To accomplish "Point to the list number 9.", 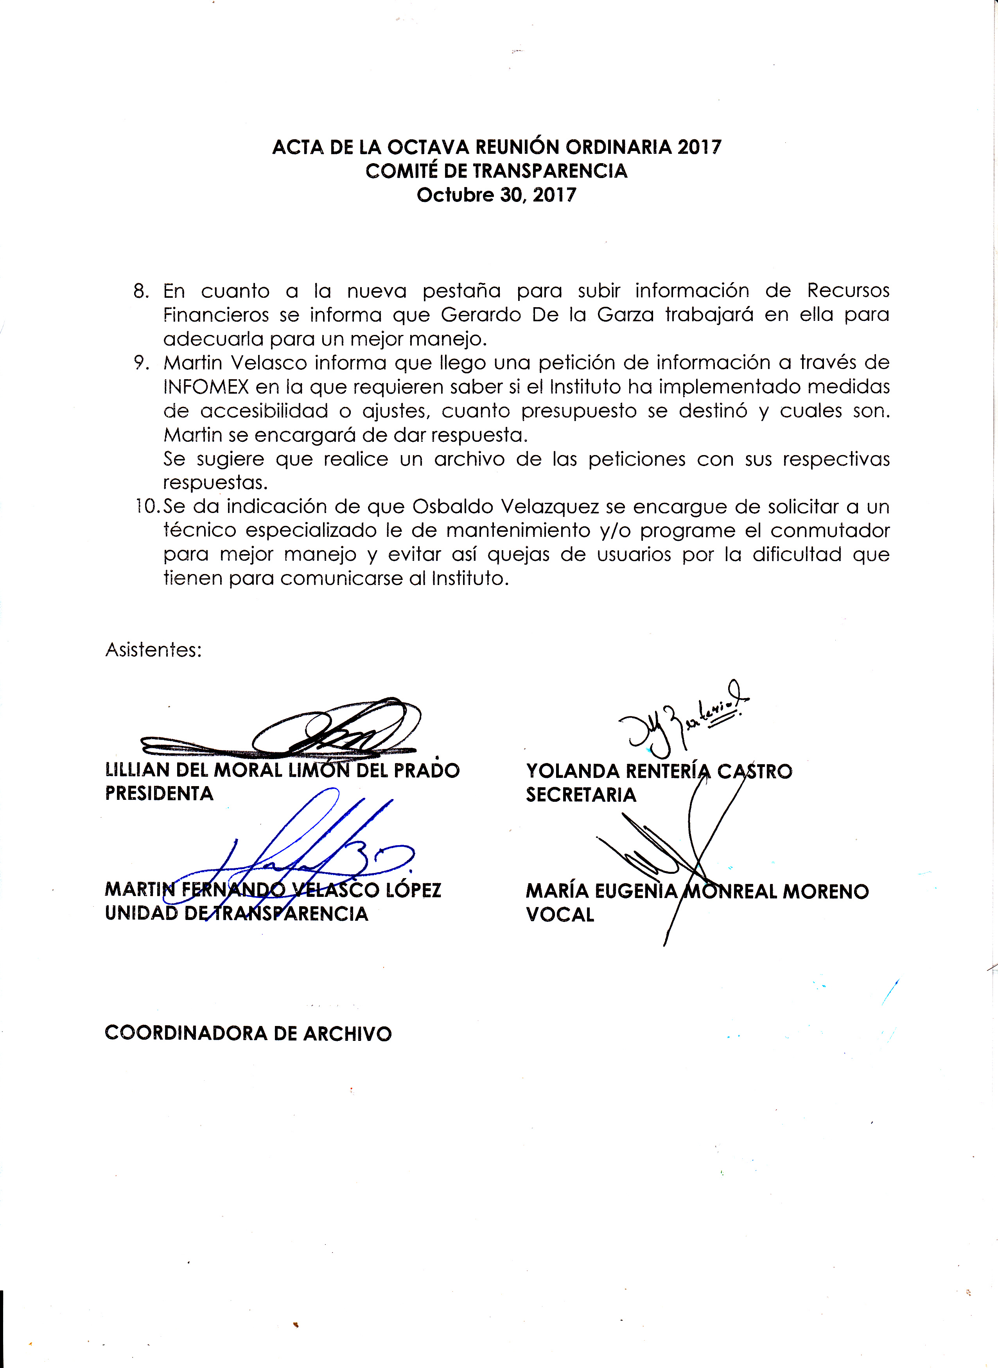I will [x=141, y=363].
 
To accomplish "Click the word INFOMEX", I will [x=205, y=387].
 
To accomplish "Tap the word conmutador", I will [x=829, y=531].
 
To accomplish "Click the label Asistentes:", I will [x=153, y=650].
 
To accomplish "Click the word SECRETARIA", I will [x=581, y=795].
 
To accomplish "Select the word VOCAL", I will [x=560, y=914].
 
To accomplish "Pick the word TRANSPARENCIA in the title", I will [x=550, y=171].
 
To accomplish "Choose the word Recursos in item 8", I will [x=848, y=291].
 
